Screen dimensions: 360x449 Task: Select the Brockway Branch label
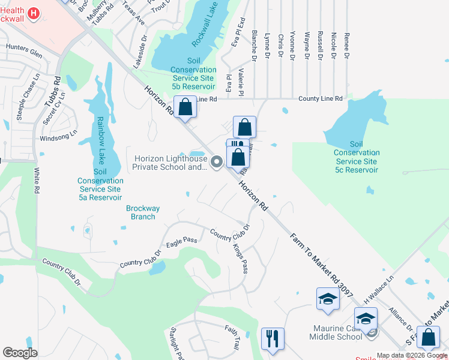click(x=143, y=212)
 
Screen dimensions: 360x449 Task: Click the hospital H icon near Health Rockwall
click(x=34, y=13)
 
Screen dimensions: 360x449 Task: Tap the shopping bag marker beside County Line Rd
click(x=186, y=108)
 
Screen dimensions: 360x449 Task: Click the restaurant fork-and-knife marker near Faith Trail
click(x=273, y=338)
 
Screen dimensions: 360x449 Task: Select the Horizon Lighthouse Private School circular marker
click(x=217, y=160)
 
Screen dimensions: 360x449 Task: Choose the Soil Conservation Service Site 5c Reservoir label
click(x=357, y=157)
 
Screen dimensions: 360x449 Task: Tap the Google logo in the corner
click(x=20, y=353)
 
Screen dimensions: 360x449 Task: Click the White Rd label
click(x=37, y=181)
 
